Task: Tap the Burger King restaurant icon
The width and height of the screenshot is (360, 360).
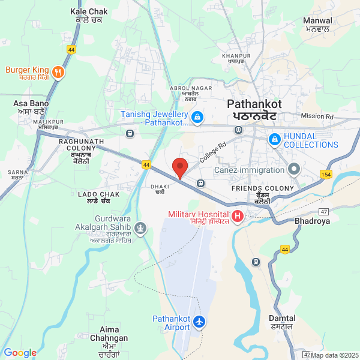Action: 58,73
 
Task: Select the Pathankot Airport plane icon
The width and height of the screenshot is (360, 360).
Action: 199,323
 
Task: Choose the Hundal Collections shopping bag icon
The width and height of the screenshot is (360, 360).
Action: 274,140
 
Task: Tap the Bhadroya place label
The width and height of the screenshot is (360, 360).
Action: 313,221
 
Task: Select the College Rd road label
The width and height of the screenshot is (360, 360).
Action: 214,153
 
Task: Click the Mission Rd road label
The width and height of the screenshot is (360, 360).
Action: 317,116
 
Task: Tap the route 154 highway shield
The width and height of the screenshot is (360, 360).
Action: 326,174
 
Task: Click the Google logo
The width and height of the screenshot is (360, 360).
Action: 20,353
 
